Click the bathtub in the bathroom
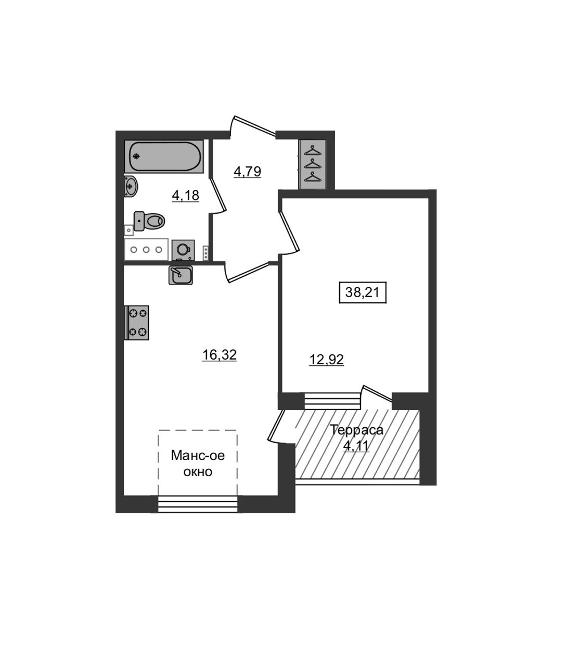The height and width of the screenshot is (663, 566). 164,156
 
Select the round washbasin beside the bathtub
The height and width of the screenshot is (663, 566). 131,186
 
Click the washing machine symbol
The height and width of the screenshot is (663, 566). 183,250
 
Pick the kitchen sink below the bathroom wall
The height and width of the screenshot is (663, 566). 181,275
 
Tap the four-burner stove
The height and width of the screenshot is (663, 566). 138,323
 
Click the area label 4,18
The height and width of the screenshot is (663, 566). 186,196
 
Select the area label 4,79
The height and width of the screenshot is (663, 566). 247,171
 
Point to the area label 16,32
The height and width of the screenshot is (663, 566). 219,355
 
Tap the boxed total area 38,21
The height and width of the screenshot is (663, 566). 363,292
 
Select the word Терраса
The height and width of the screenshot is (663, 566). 357,430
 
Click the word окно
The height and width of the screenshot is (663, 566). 198,472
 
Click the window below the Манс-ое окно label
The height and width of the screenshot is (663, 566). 197,504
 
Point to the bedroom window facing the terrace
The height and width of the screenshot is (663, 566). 332,401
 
